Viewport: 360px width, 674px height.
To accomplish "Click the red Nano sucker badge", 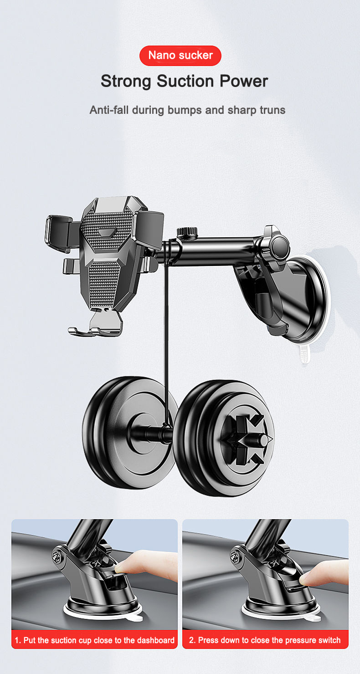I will coord(180,56).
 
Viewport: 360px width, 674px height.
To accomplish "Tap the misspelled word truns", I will coord(271,110).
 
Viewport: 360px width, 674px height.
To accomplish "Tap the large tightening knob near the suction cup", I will coord(278,246).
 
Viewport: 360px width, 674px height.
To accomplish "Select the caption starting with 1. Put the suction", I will coord(94,640).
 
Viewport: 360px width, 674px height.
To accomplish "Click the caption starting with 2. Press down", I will coord(265,640).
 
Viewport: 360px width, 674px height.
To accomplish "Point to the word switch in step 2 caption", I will coord(329,640).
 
